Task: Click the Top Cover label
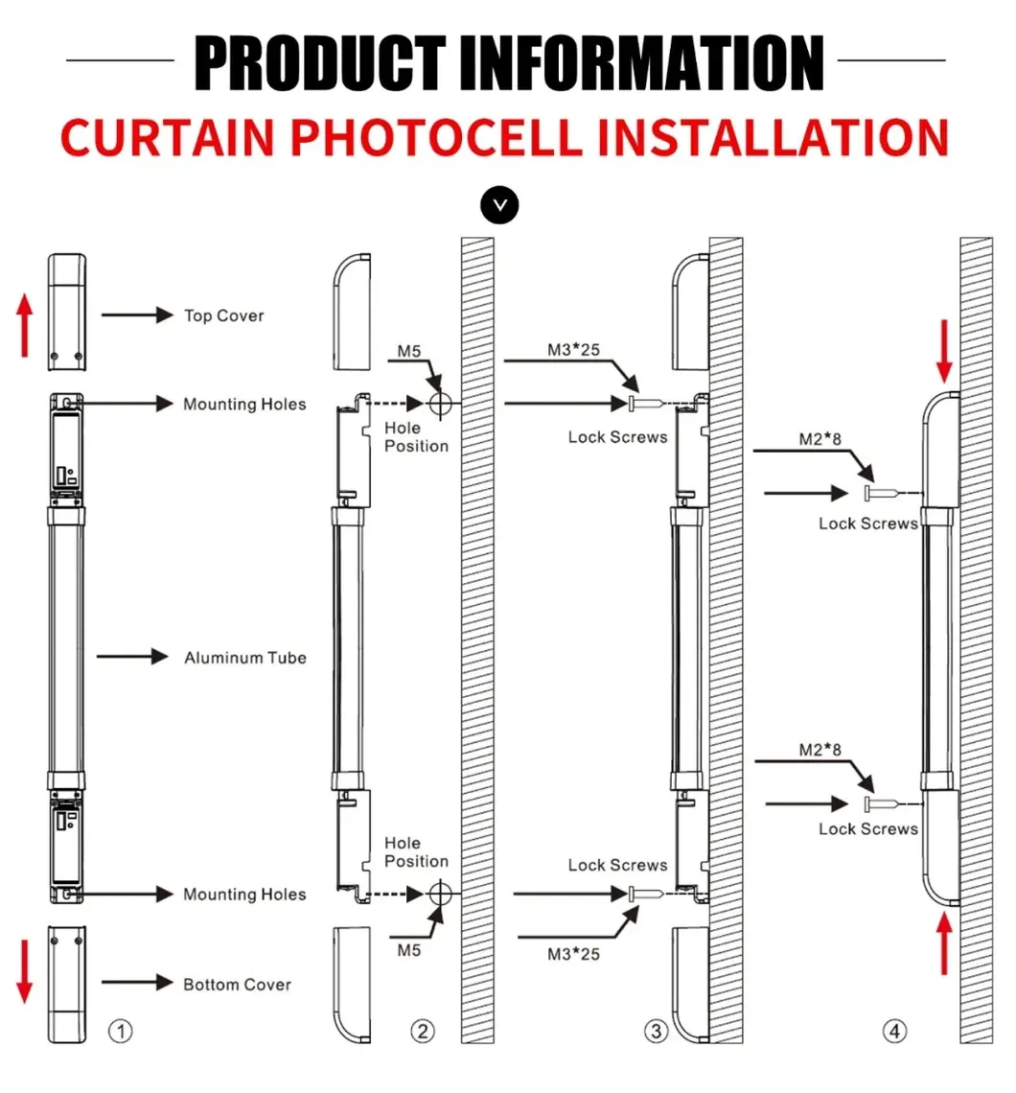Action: coord(223,315)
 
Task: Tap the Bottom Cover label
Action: coord(237,985)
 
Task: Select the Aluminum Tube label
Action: coord(245,658)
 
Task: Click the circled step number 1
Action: coord(120,1032)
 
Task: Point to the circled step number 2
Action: coord(423,1032)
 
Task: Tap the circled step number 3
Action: coord(656,1032)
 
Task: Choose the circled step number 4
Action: coord(893,1032)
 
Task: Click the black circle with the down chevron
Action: coord(499,205)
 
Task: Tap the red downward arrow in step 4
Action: coord(944,354)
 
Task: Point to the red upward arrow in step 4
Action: coord(944,944)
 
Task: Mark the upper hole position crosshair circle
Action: coord(440,405)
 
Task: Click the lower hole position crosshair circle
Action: coord(440,895)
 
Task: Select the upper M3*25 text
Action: coord(573,350)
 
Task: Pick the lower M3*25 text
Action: coord(573,954)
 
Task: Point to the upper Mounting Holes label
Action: coord(244,405)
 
